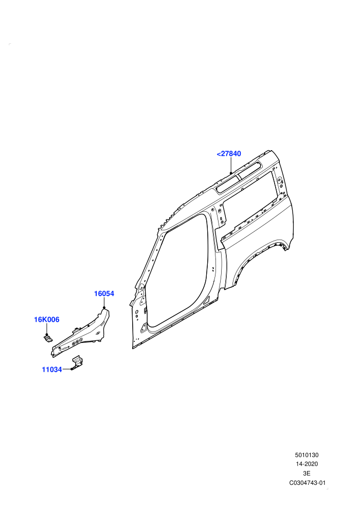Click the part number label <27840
[229, 154]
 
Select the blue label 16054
[104, 294]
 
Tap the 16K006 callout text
[47, 319]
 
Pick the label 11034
[52, 370]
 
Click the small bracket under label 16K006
[48, 339]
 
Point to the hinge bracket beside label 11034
[77, 362]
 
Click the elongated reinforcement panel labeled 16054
[81, 334]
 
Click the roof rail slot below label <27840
[239, 177]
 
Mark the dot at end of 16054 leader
[104, 307]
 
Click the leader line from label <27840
[230, 165]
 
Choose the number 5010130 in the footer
[307, 455]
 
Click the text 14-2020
[307, 464]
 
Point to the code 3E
[307, 474]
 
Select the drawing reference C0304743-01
[307, 483]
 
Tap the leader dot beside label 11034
[71, 369]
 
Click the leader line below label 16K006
[47, 329]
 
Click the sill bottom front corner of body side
[133, 348]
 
